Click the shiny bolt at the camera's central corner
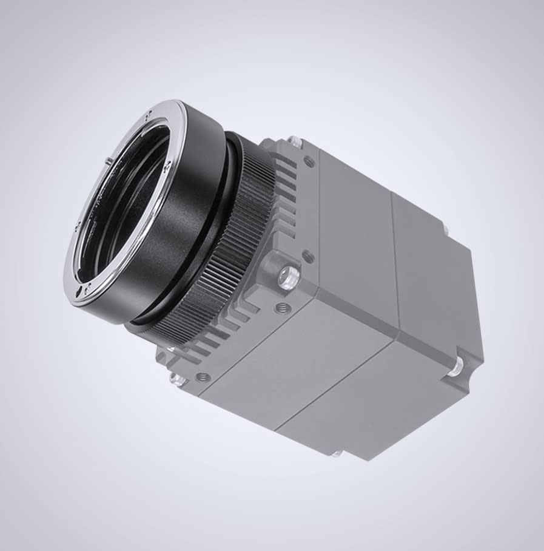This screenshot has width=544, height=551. pyautogui.click(x=287, y=277)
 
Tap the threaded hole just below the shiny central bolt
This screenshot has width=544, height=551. pyautogui.click(x=282, y=308)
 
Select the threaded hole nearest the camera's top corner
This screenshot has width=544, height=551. pyautogui.click(x=309, y=161)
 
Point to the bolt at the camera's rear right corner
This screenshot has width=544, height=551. pyautogui.click(x=456, y=366)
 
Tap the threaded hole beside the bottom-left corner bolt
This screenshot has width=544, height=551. pyautogui.click(x=203, y=377)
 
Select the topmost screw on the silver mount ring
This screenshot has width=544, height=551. pyautogui.click(x=149, y=113)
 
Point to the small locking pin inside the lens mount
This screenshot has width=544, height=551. pyautogui.click(x=108, y=160)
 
